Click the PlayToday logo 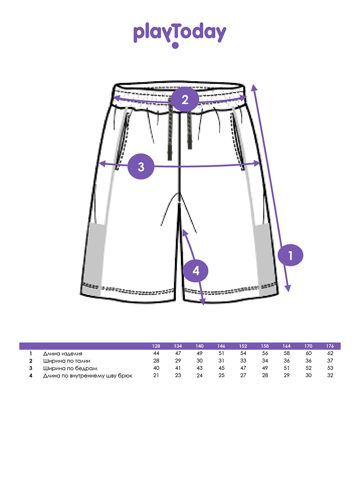180,35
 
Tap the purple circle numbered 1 290,255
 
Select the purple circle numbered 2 185,99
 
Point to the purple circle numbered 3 141,166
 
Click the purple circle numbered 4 196,271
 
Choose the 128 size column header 156,346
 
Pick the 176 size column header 330,346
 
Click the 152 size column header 243,346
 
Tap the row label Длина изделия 62,354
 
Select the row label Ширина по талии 66,361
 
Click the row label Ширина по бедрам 70,368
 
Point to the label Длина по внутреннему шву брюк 88,376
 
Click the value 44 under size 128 156,353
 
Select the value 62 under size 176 330,353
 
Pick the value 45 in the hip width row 222,368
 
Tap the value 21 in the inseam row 156,375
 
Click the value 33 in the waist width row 243,361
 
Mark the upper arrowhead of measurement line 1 254,87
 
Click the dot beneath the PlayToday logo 175,45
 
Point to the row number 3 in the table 31,368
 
